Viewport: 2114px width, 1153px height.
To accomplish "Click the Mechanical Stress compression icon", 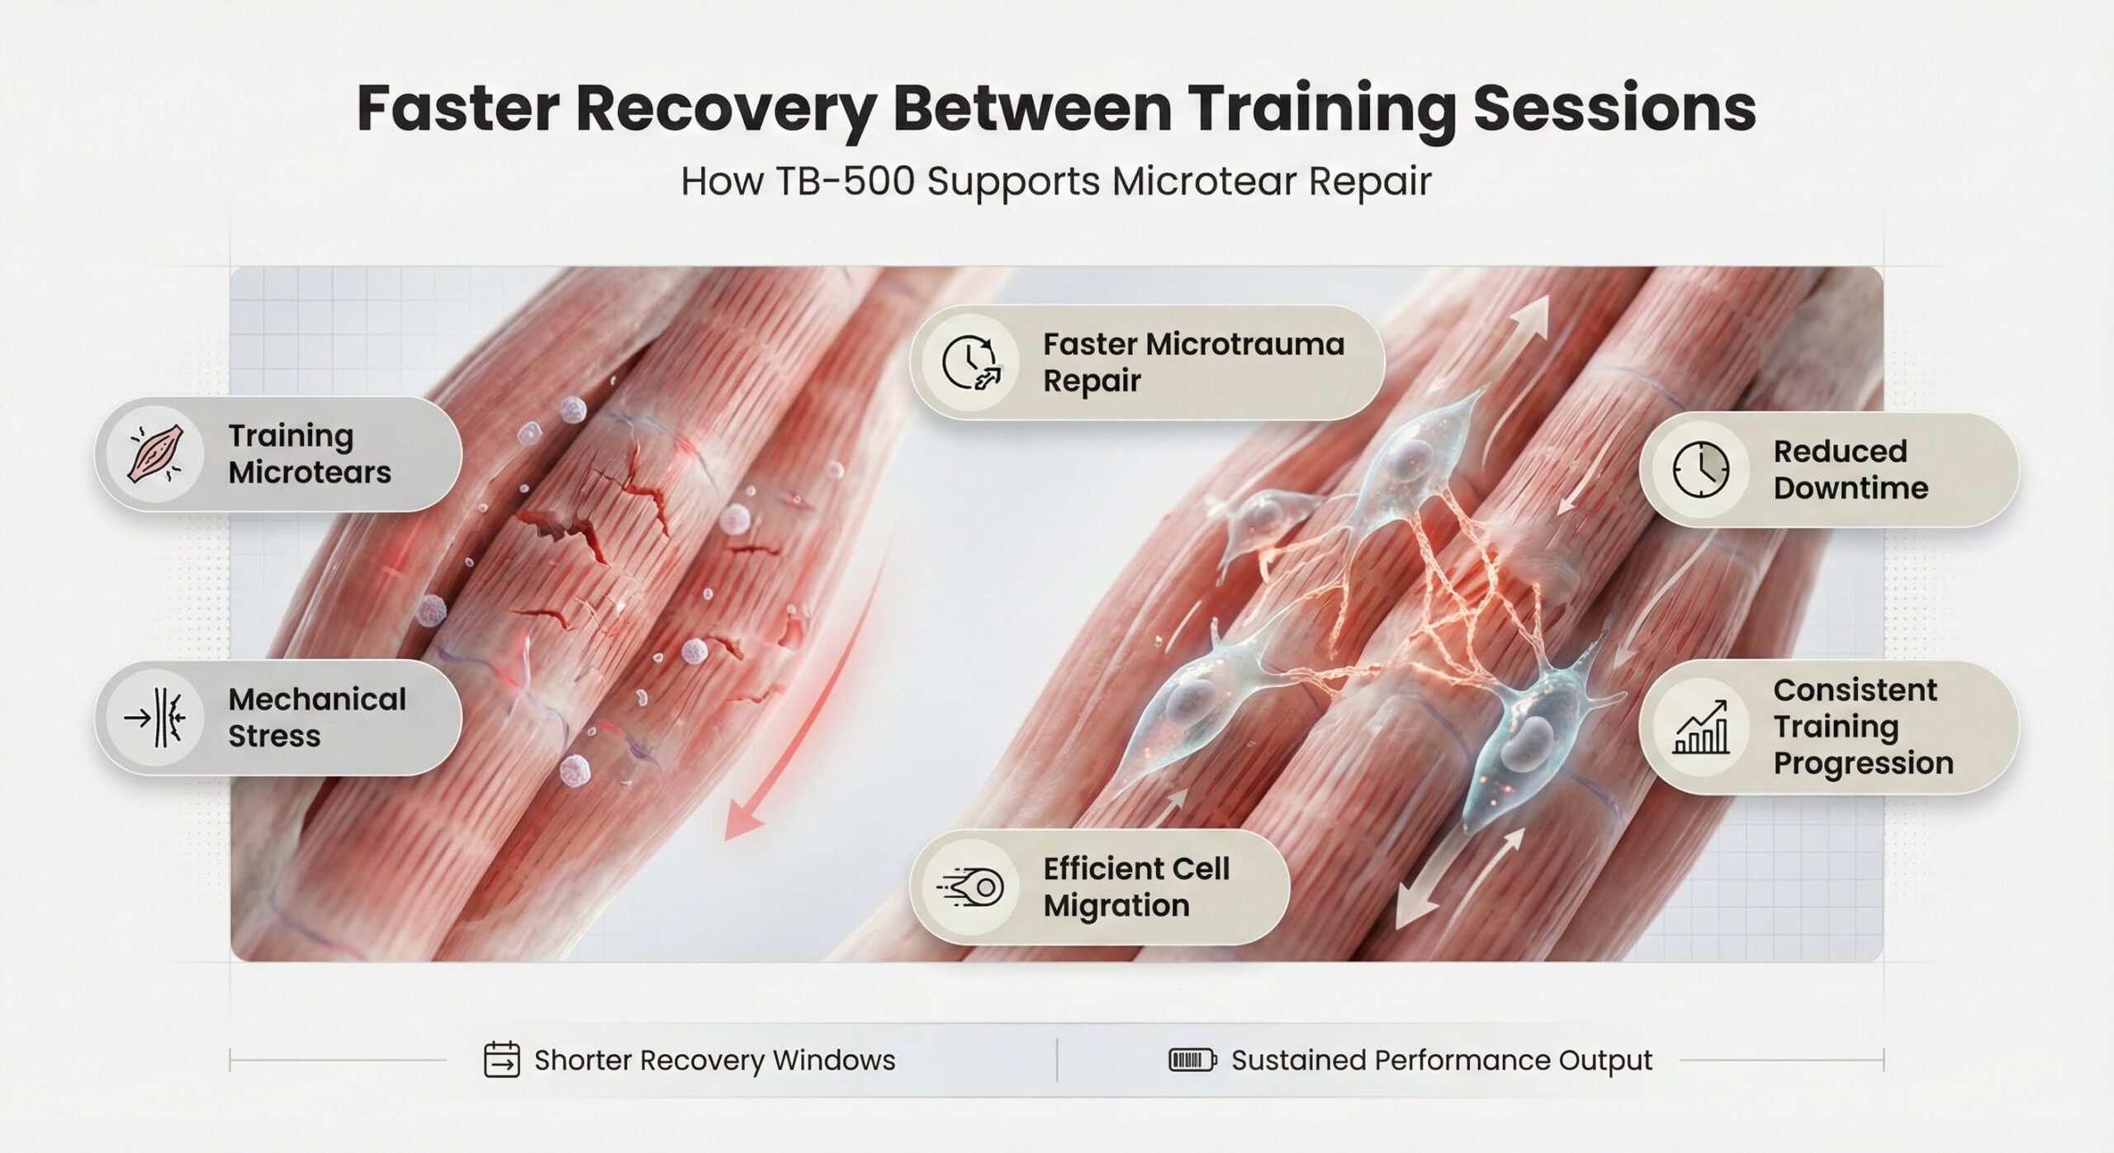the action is point(155,717).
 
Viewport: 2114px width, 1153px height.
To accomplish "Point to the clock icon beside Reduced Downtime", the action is point(1700,469).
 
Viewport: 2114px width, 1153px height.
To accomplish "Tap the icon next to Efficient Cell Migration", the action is point(971,888).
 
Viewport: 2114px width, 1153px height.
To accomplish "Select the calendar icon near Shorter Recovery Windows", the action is point(501,1060).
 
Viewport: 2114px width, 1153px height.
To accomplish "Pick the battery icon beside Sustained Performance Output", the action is point(1192,1060).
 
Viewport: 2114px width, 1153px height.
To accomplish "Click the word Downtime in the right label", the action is point(1851,487).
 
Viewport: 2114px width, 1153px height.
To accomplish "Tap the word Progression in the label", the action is point(1863,763).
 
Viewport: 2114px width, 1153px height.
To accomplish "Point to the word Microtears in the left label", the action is point(310,472).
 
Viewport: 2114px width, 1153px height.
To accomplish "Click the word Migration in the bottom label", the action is point(1116,905).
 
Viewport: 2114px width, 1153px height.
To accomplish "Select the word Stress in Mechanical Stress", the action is point(274,735).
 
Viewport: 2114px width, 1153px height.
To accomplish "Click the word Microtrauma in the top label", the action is point(1193,344).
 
